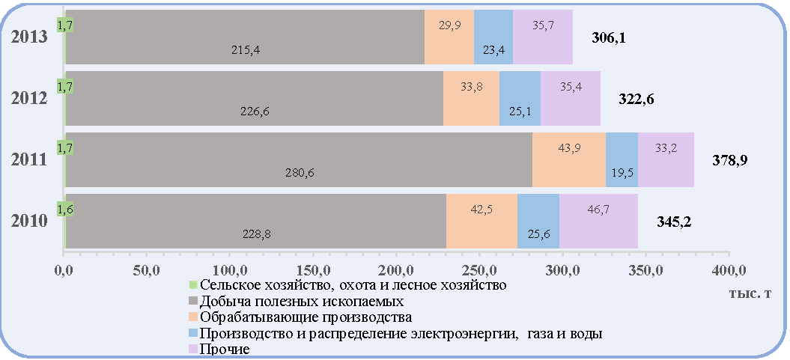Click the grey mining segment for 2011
tap(299, 159)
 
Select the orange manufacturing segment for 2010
tap(481, 221)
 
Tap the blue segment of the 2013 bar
tap(493, 37)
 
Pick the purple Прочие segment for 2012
tap(571, 98)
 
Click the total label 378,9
tap(729, 161)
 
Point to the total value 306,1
tap(608, 37)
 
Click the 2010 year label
tap(30, 221)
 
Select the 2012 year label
tap(30, 98)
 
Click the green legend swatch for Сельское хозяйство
tap(192, 285)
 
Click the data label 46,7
tap(598, 209)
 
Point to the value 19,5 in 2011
tap(622, 173)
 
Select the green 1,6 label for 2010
tap(65, 209)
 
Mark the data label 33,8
tap(471, 85)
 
